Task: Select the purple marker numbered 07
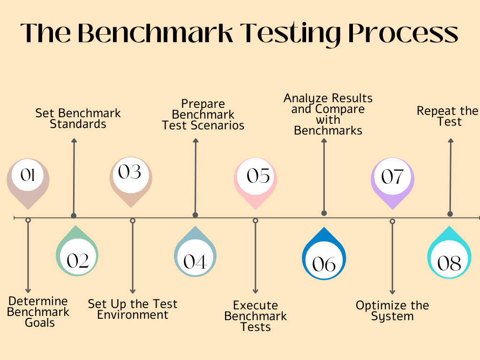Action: point(392,179)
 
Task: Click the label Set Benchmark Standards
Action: point(78,119)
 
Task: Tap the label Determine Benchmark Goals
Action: point(38,312)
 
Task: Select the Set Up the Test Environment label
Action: point(133,309)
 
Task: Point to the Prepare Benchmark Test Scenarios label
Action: point(203,114)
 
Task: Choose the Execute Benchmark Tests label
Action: point(255,316)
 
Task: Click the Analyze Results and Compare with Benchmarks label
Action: point(328,114)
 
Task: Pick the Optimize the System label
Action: point(392,310)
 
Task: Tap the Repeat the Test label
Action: point(448,116)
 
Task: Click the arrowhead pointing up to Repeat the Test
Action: point(450,141)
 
